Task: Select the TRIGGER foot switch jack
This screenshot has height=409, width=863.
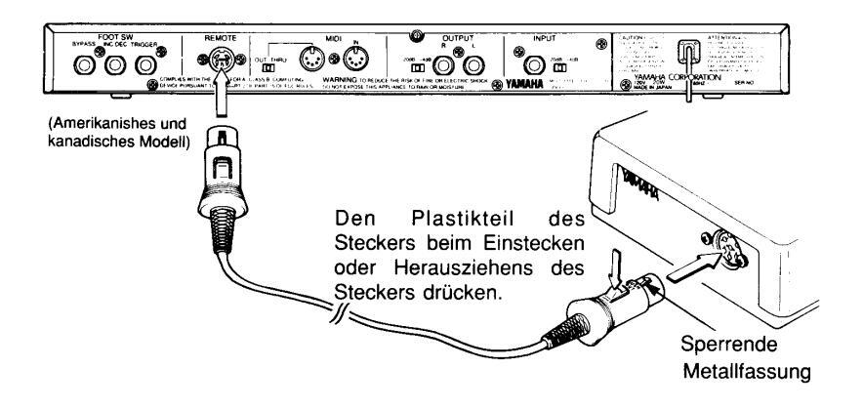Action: coord(145,66)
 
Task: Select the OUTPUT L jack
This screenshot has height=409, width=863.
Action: coord(476,66)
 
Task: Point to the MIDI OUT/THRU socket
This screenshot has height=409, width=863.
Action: coord(310,66)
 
